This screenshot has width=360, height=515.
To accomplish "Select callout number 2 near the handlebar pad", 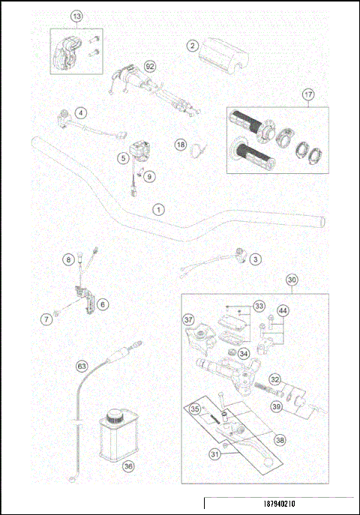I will click(193, 46).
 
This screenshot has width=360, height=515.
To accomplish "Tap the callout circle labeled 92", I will click(150, 65).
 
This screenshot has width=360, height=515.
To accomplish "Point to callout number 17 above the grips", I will click(307, 94).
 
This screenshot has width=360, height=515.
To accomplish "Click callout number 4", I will click(80, 113).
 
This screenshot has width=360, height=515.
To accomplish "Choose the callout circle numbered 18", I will click(180, 144).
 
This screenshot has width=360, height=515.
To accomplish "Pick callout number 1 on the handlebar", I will click(157, 208).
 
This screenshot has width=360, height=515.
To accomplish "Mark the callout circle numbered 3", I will click(255, 259).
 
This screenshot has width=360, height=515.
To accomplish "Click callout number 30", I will click(292, 279).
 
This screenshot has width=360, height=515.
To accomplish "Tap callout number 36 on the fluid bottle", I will click(128, 466).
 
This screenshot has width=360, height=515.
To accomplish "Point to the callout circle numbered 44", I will click(283, 311).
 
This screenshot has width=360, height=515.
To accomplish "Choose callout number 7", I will click(46, 319).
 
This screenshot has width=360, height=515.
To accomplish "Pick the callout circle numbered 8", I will click(67, 259).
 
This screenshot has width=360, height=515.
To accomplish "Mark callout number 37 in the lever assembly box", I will click(189, 319).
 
